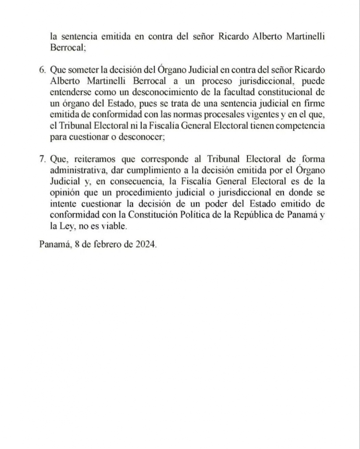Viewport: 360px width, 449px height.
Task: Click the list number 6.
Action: [x=42, y=71]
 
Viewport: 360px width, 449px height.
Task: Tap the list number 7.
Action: [x=42, y=159]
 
